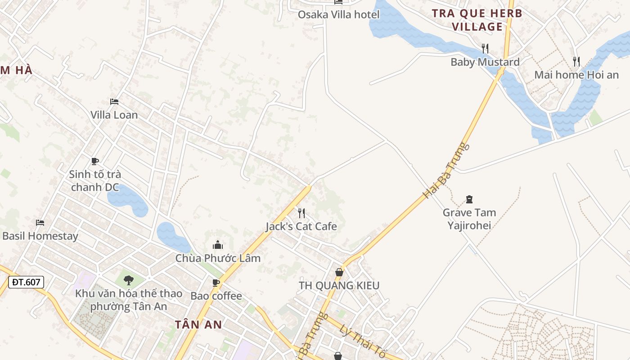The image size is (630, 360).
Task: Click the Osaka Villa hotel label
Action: [x=338, y=14]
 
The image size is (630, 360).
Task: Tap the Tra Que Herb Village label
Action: [x=477, y=20]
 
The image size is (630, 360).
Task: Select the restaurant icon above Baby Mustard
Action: [x=485, y=48]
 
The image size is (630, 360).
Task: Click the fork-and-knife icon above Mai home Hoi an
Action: [x=576, y=61]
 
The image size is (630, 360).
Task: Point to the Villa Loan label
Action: [x=114, y=115]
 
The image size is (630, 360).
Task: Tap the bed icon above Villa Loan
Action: [x=114, y=102]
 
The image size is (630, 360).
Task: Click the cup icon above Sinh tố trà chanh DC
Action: [x=95, y=161]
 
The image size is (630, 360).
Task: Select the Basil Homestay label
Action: [x=40, y=236]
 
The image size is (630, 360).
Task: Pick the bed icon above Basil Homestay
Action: [x=40, y=223]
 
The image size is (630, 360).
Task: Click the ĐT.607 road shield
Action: [x=26, y=282]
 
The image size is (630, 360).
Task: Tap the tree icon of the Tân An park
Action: [x=129, y=280]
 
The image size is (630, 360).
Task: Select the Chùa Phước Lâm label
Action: [x=218, y=258]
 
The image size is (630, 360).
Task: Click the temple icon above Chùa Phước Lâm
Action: [x=218, y=245]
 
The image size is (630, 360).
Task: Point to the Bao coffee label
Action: [x=216, y=296]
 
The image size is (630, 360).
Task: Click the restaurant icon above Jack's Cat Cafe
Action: [x=301, y=213]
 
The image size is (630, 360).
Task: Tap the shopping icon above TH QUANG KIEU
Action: [x=339, y=272]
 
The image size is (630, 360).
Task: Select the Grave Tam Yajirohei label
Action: [x=469, y=219]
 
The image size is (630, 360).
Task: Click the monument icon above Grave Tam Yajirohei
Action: [x=469, y=199]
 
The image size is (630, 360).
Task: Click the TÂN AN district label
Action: [x=198, y=324]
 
